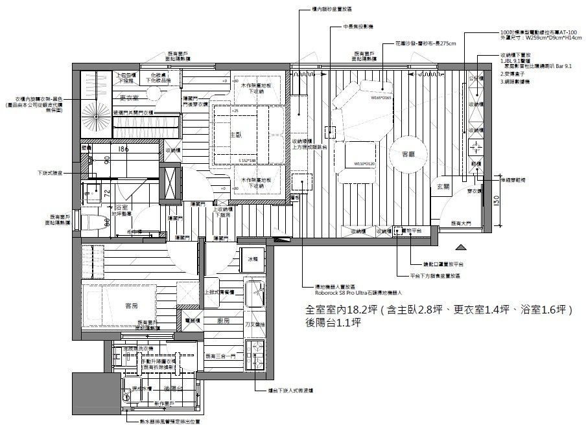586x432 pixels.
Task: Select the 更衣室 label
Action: [x=132, y=98]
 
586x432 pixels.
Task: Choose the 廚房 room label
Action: [x=224, y=320]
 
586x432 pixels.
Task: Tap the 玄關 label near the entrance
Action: [x=443, y=187]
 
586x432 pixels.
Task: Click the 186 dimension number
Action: [x=123, y=149]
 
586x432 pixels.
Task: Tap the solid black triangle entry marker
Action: [x=461, y=247]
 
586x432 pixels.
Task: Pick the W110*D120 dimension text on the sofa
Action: [x=365, y=164]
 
